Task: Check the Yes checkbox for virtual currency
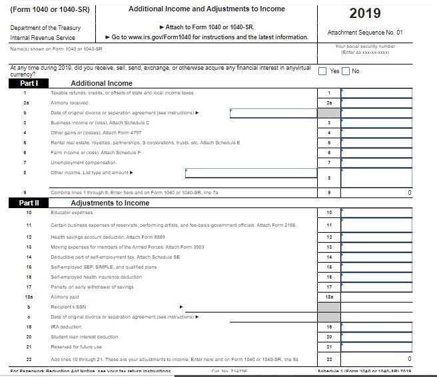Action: pyautogui.click(x=322, y=71)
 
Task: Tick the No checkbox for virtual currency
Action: pyautogui.click(x=346, y=71)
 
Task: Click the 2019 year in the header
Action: pyautogui.click(x=364, y=13)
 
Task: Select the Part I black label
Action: pyautogui.click(x=29, y=83)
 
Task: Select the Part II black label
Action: pyautogui.click(x=29, y=203)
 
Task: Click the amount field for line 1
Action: pyautogui.click(x=376, y=93)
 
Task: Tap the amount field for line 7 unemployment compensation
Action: pyautogui.click(x=376, y=162)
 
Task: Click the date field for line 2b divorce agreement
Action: pyautogui.click(x=273, y=113)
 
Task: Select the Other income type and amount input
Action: pyautogui.click(x=250, y=173)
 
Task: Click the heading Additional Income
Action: pyautogui.click(x=101, y=83)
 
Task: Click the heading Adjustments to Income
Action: pyautogui.click(x=110, y=203)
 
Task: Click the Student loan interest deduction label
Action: pyautogui.click(x=84, y=336)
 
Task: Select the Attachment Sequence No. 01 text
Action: pyautogui.click(x=365, y=32)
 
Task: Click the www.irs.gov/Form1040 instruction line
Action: pyautogui.click(x=209, y=37)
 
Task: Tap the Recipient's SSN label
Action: pyautogui.click(x=68, y=307)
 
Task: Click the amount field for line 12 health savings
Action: pyautogui.click(x=376, y=237)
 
